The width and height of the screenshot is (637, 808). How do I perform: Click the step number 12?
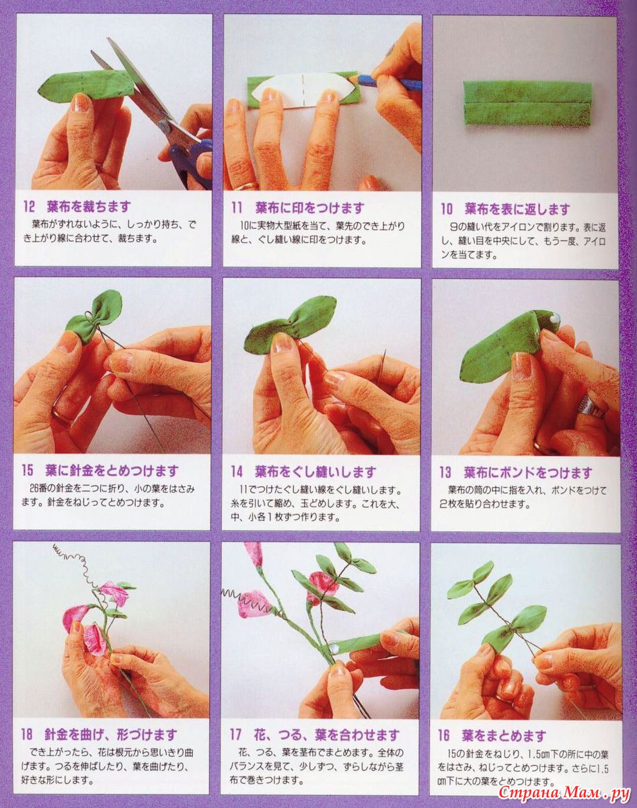(x=29, y=206)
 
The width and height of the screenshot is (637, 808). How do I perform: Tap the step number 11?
(x=237, y=207)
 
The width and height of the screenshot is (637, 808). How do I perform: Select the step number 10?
(x=447, y=209)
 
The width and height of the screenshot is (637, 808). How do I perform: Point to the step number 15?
(x=28, y=470)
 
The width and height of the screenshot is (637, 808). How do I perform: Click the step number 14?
(x=237, y=471)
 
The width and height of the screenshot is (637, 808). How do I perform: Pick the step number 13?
(x=446, y=472)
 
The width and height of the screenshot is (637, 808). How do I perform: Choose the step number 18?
(x=27, y=735)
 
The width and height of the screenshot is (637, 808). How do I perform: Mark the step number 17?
(x=235, y=735)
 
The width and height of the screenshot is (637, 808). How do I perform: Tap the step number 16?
(x=444, y=735)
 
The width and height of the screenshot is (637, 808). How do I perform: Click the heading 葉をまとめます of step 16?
(x=504, y=735)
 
